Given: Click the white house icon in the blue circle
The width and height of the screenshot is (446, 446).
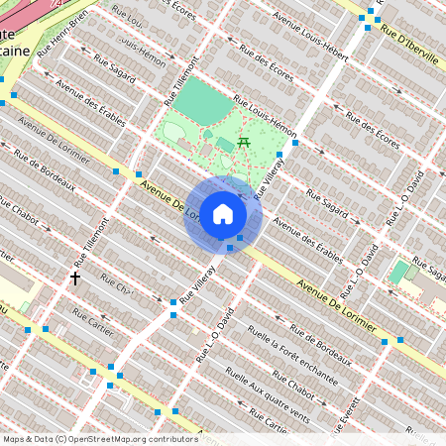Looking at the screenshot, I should (x=223, y=214).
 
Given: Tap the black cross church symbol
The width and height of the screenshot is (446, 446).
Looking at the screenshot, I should (x=74, y=279).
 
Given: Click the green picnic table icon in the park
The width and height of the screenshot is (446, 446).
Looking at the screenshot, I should (x=244, y=145).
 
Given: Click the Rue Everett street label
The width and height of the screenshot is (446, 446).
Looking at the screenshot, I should (x=351, y=408).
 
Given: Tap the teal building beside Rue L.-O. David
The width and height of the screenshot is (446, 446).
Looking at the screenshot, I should (x=398, y=271).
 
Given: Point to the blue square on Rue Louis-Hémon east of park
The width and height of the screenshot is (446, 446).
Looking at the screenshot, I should (x=295, y=144).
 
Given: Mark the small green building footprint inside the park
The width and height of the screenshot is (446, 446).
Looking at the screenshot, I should (x=225, y=145).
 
